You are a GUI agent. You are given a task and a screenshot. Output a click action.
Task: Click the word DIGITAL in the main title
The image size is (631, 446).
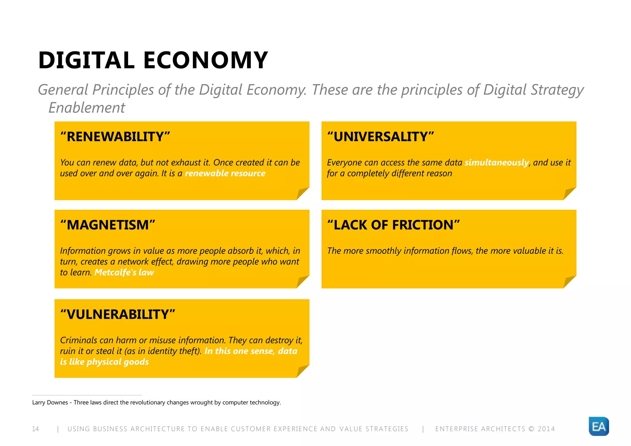pyautogui.click(x=87, y=60)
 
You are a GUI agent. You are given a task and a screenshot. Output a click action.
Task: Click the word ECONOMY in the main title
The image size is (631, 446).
pyautogui.click(x=206, y=60)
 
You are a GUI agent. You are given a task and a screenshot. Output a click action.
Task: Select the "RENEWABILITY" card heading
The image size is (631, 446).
pyautogui.click(x=115, y=137)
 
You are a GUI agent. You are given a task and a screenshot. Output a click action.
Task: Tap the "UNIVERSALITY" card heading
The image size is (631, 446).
pyautogui.click(x=381, y=137)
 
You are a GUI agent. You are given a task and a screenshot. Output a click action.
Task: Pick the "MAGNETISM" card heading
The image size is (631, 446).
pyautogui.click(x=108, y=225)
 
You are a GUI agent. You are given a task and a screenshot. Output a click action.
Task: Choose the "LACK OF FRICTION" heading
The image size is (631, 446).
pyautogui.click(x=393, y=225)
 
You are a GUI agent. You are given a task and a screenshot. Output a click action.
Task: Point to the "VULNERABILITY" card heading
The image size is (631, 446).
pyautogui.click(x=118, y=314)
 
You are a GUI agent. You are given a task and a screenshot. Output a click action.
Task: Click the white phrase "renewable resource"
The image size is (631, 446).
pyautogui.click(x=225, y=173)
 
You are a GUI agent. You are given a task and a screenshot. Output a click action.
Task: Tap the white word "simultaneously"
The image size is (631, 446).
pyautogui.click(x=496, y=163)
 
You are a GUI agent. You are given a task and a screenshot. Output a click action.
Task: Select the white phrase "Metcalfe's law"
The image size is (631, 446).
pyautogui.click(x=124, y=273)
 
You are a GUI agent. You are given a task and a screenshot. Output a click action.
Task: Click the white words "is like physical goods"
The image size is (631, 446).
pyautogui.click(x=104, y=362)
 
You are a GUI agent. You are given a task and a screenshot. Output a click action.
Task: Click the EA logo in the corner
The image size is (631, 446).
pyautogui.click(x=599, y=427)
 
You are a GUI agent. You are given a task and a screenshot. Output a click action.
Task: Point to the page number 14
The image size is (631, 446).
pyautogui.click(x=35, y=429)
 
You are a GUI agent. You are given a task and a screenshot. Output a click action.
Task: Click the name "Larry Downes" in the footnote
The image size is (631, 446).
pyautogui.click(x=50, y=403)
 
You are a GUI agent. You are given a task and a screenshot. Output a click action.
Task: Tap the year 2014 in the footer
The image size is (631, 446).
pyautogui.click(x=546, y=429)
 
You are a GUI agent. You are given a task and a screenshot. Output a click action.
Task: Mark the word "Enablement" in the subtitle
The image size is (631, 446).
pyautogui.click(x=87, y=108)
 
